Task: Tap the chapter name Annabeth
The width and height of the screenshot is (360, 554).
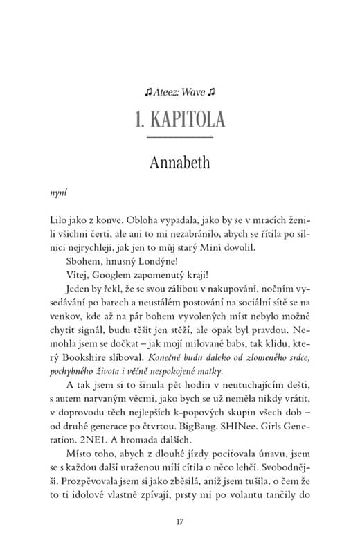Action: coord(180,163)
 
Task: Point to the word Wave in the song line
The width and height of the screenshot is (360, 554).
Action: coord(194,91)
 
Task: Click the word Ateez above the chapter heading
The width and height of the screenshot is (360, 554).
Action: coord(167,91)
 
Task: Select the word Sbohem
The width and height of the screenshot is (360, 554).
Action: coord(81,262)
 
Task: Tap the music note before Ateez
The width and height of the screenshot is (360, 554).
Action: coord(148,91)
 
